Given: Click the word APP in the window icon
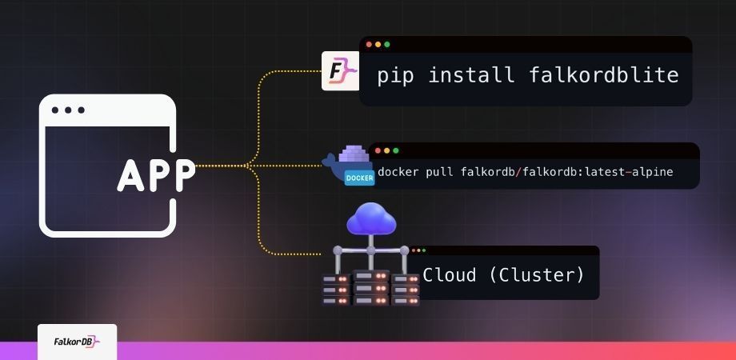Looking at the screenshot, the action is [156, 175].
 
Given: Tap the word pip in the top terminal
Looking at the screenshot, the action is [395, 75].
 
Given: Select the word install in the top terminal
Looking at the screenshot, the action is [470, 74].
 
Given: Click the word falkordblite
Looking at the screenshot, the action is [604, 74].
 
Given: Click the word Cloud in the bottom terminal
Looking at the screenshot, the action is [449, 274].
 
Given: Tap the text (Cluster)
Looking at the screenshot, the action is [537, 274].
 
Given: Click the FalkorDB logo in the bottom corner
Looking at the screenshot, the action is [77, 342].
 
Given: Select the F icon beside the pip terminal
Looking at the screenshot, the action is [340, 71].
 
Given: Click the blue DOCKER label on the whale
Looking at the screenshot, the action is [359, 178].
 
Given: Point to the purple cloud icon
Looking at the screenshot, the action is [371, 218].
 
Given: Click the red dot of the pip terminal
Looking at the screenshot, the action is [369, 45].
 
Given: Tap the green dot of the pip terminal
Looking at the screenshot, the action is [386, 45].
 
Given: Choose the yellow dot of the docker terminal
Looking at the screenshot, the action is [386, 150].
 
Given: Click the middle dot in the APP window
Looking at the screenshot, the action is [68, 110].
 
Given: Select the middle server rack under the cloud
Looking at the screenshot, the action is [371, 288].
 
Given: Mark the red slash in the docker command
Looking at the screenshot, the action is [518, 172].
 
